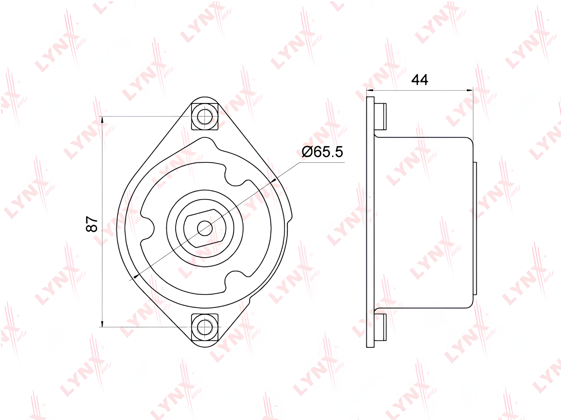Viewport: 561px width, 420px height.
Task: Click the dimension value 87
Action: pos(92,224)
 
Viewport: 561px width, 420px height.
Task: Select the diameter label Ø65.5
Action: pos(322,152)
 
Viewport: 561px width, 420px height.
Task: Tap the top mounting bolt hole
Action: pos(205,116)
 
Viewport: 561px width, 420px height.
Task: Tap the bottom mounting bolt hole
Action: pos(205,327)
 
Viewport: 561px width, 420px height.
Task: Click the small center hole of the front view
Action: pos(205,228)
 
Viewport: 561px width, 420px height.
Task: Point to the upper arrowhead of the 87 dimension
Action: pos(102,120)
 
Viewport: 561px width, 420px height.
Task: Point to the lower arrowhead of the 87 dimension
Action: pos(102,324)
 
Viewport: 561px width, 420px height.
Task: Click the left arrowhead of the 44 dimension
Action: pos(370,90)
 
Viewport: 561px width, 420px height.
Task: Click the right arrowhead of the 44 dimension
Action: pos(470,90)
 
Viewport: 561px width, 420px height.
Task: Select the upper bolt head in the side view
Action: pos(380,116)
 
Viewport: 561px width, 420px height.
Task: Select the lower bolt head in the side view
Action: pos(380,327)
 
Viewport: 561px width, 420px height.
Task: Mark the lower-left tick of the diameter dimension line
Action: pos(136,276)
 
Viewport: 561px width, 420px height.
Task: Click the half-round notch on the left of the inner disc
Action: pos(148,228)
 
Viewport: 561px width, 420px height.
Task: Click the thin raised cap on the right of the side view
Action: pos(475,228)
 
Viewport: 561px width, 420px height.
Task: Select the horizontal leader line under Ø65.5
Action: pos(322,163)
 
